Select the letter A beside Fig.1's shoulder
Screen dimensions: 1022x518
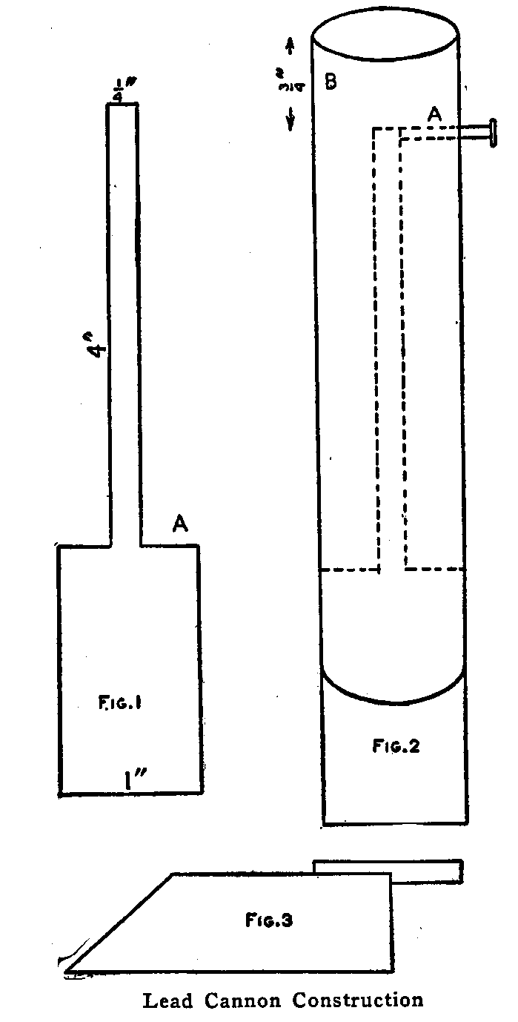(x=179, y=524)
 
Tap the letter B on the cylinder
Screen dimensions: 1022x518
(x=331, y=82)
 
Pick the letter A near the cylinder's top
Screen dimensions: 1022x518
(x=435, y=113)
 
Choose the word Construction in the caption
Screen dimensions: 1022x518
(x=357, y=1001)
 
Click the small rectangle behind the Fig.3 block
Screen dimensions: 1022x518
(x=426, y=871)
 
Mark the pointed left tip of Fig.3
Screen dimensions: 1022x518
(x=67, y=968)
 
